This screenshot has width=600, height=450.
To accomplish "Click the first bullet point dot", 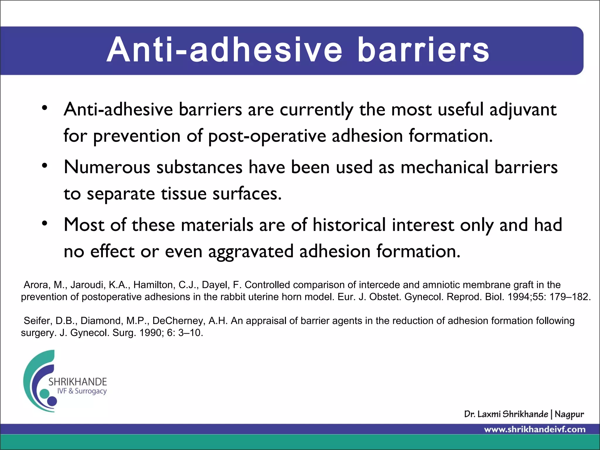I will [x=45, y=108].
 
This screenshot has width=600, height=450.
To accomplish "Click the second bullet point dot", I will [x=45, y=166].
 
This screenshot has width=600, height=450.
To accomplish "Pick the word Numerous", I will [x=107, y=167].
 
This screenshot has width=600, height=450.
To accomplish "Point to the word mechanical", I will [x=444, y=167].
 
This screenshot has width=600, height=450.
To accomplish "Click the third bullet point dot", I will [x=45, y=224].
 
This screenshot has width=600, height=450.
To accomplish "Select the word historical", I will [x=349, y=225].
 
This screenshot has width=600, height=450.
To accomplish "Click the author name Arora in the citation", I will [x=35, y=285].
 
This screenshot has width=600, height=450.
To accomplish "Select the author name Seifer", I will [x=37, y=321].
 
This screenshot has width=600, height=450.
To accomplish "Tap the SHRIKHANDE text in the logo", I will [x=78, y=382].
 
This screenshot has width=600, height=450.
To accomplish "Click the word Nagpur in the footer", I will [x=569, y=414].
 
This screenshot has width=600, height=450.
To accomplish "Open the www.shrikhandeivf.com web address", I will [x=535, y=430].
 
